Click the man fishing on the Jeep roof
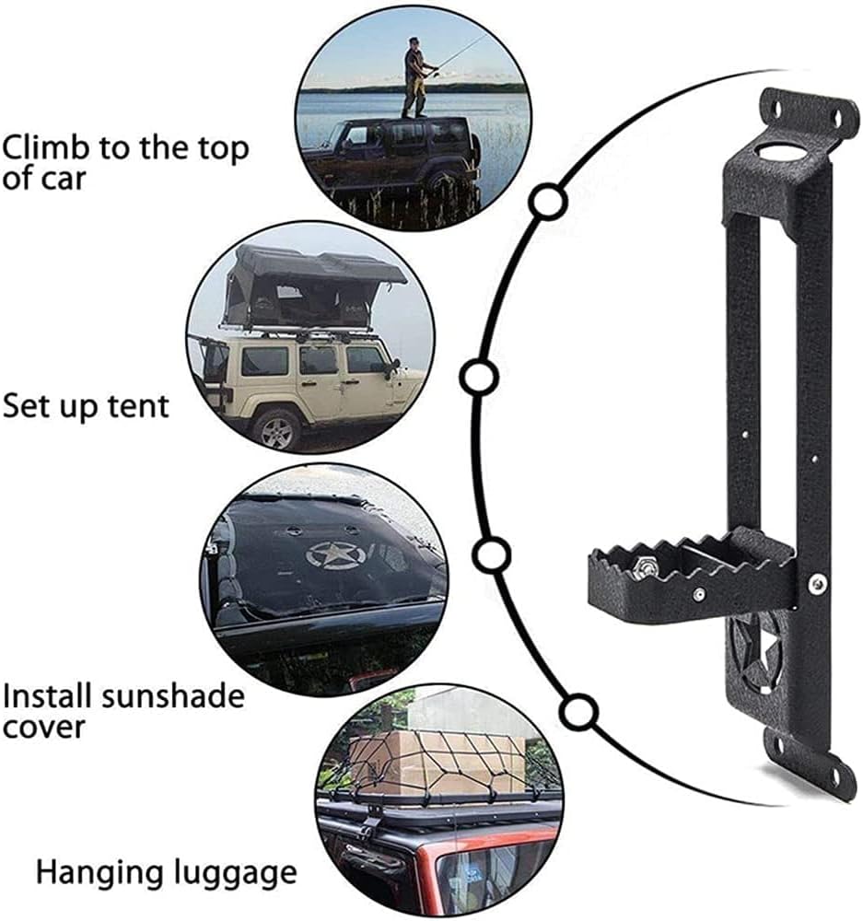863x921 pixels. [417, 76]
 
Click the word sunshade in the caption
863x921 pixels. [173, 696]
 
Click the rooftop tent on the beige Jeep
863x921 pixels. [311, 287]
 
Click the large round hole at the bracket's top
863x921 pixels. [778, 152]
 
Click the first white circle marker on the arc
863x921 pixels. [548, 202]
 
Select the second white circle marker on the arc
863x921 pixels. [479, 378]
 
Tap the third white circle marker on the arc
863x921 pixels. [491, 555]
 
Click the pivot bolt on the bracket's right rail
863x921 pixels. [817, 583]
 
